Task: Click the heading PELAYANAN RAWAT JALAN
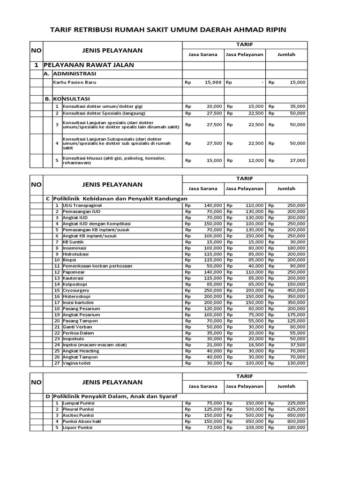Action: (89, 65)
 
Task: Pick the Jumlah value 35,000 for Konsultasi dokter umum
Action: (296, 106)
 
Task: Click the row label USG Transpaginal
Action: (82, 205)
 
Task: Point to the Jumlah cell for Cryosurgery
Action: (296, 290)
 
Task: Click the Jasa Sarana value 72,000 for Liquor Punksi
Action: (213, 427)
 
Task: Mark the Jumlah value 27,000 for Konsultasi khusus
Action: (296, 160)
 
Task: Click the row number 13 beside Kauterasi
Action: (57, 278)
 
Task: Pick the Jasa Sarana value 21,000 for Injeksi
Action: (213, 345)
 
